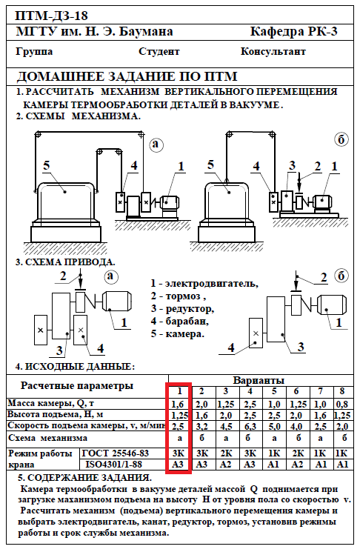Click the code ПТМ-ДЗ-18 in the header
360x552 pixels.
(51, 16)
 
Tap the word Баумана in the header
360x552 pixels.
(146, 32)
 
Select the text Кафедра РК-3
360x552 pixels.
(294, 32)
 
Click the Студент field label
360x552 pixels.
(159, 52)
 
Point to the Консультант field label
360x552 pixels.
(273, 51)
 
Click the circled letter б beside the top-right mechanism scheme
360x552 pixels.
(341, 140)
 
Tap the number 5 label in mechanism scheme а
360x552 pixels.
(47, 165)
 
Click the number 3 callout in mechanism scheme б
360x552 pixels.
(292, 165)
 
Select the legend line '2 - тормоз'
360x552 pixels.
(179, 296)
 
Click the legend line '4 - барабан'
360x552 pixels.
(180, 321)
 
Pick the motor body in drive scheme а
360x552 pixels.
(117, 302)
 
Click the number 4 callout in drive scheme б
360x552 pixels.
(231, 348)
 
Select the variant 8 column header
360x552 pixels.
(342, 391)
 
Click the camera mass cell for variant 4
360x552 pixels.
(250, 404)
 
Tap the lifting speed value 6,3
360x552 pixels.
(250, 427)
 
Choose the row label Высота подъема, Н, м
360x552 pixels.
(56, 414)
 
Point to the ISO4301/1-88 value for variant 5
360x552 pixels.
(273, 465)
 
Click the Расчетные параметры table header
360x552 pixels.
(77, 386)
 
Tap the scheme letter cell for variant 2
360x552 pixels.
(201, 438)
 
